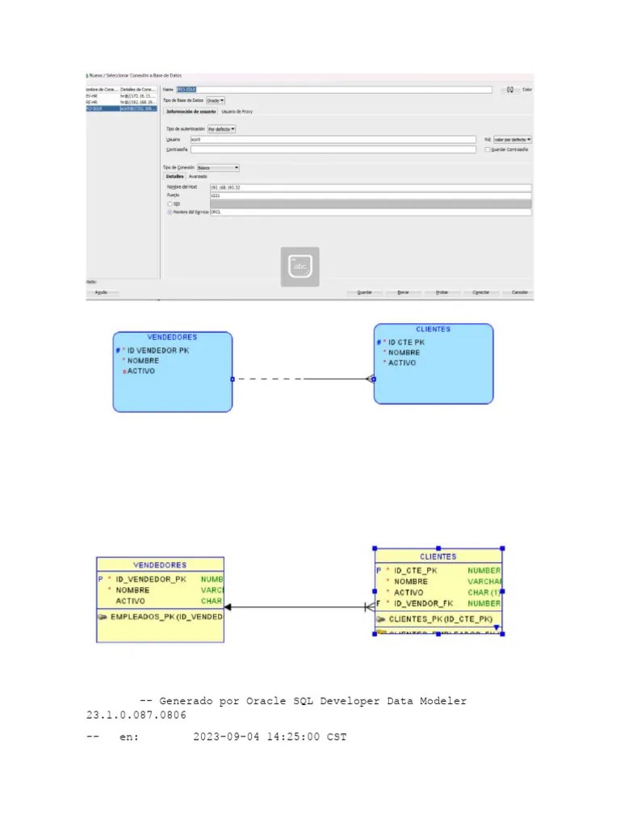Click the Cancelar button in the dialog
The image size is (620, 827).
point(520,292)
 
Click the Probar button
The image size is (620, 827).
point(442,292)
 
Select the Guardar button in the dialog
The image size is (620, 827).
point(364,292)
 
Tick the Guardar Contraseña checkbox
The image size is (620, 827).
point(487,149)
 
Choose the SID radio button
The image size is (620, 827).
point(170,204)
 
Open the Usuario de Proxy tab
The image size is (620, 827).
point(237,111)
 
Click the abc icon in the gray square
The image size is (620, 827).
point(300,267)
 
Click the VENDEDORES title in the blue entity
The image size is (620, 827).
point(172,338)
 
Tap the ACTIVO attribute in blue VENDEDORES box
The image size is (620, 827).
point(140,372)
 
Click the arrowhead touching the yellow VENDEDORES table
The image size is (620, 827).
point(228,607)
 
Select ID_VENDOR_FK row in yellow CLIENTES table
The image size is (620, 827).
point(423,603)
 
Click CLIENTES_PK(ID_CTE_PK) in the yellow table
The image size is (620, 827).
point(440,619)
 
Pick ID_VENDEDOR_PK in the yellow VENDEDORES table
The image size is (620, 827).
point(150,579)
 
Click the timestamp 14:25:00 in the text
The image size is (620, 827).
point(293,737)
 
